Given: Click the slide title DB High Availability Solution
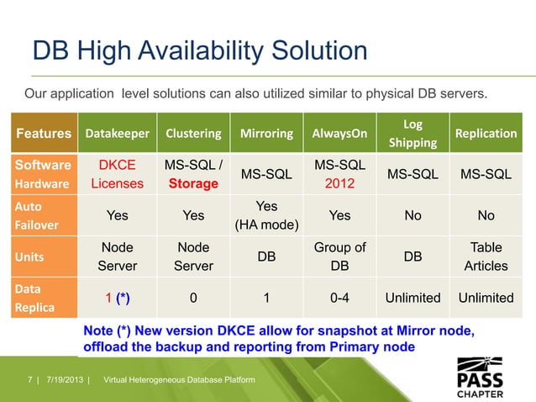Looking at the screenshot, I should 199,51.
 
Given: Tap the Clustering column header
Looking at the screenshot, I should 193,134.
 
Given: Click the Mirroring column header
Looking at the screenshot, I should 266,134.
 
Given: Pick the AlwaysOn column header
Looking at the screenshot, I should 339,134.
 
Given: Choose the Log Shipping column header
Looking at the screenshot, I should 413,133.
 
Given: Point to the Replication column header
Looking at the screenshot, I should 486,134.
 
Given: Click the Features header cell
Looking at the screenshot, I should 43,134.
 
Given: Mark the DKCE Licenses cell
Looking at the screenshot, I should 118,174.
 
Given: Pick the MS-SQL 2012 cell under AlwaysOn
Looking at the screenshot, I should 339,174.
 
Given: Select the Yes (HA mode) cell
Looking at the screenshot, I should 266,215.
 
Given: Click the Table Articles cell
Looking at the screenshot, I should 486,257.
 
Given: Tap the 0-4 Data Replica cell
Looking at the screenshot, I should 339,298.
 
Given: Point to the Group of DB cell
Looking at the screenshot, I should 339,257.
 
